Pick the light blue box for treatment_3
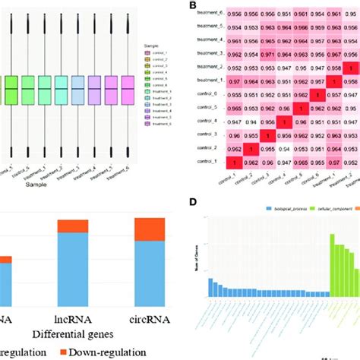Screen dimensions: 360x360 click(x=76, y=90)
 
